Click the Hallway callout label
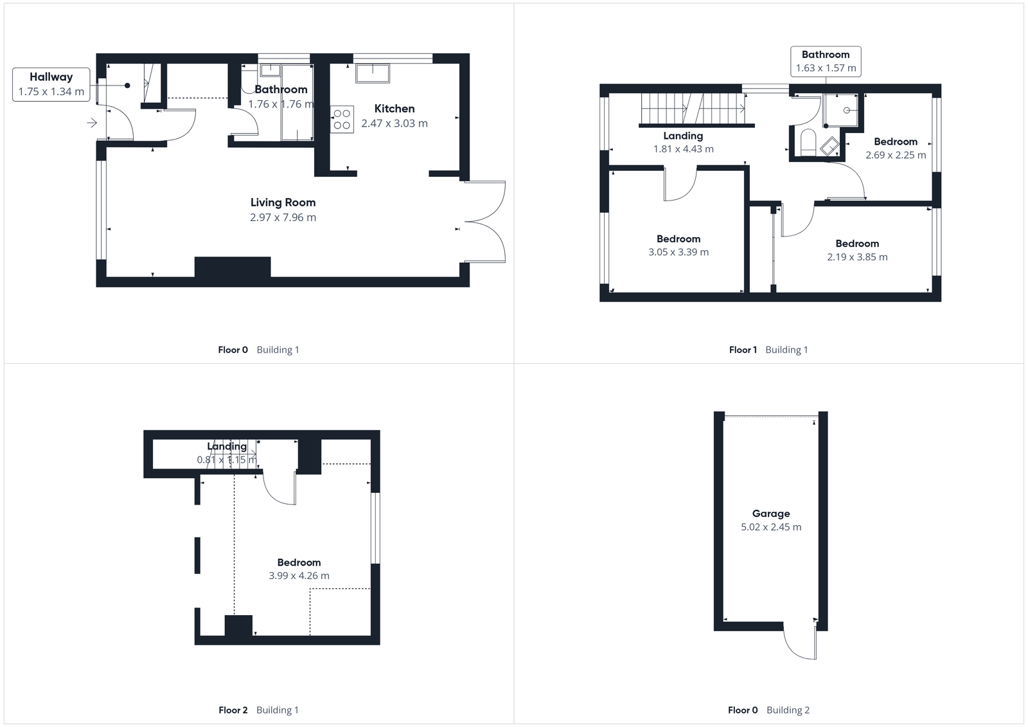(x=51, y=84)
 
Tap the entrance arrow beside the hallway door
(x=92, y=123)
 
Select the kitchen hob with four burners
(x=342, y=119)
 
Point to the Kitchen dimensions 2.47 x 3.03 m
(x=394, y=123)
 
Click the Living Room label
(x=283, y=202)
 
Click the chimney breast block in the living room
(x=232, y=267)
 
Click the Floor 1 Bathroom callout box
(x=826, y=61)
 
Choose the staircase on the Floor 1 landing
(x=693, y=108)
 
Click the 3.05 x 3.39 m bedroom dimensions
(x=678, y=253)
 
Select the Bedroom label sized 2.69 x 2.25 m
(x=895, y=142)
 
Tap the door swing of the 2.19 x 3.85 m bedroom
(x=797, y=222)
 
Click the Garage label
(x=771, y=514)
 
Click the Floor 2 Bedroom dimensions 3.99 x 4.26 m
(x=299, y=576)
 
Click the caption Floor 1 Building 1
(x=768, y=350)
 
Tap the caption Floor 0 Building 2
(x=768, y=710)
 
